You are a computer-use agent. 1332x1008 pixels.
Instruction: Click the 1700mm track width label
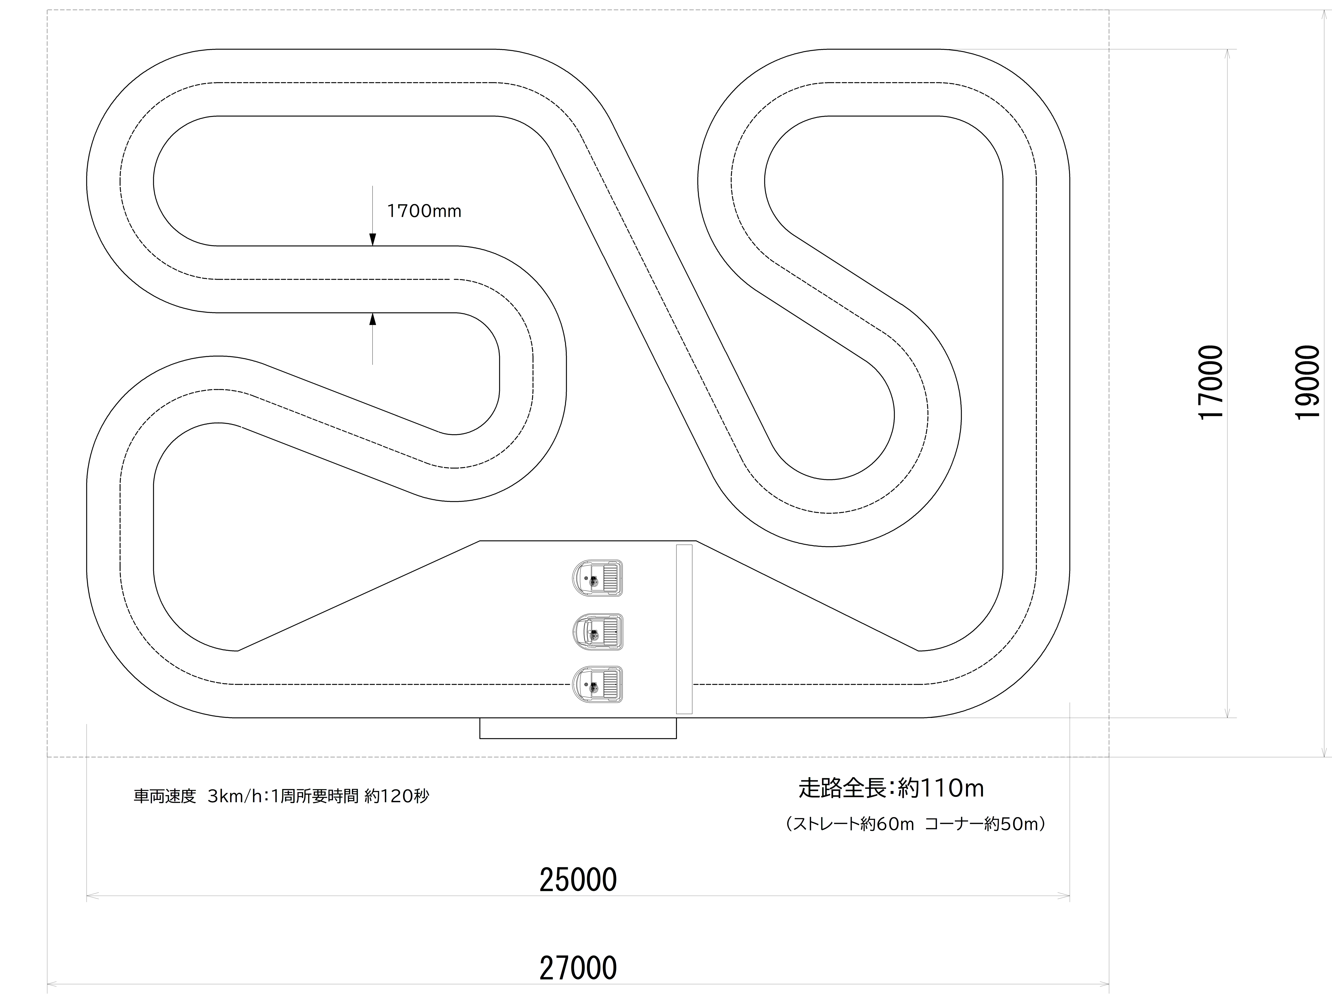424,211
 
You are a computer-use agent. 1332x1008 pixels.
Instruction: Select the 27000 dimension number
578,969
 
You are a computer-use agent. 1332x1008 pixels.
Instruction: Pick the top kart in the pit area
597,578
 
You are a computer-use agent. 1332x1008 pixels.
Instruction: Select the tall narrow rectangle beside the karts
684,629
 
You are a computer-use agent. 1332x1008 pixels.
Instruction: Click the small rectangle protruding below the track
578,728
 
